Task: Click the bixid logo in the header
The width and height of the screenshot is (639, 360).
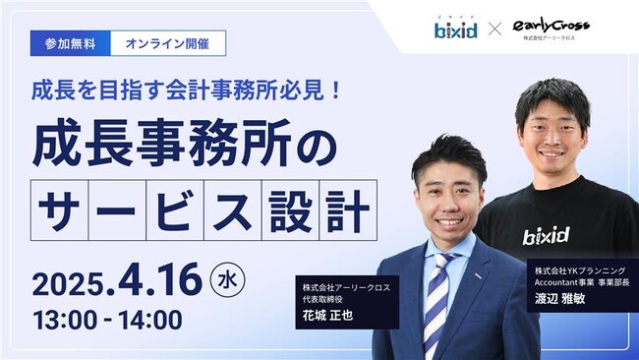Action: pyautogui.click(x=456, y=29)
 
